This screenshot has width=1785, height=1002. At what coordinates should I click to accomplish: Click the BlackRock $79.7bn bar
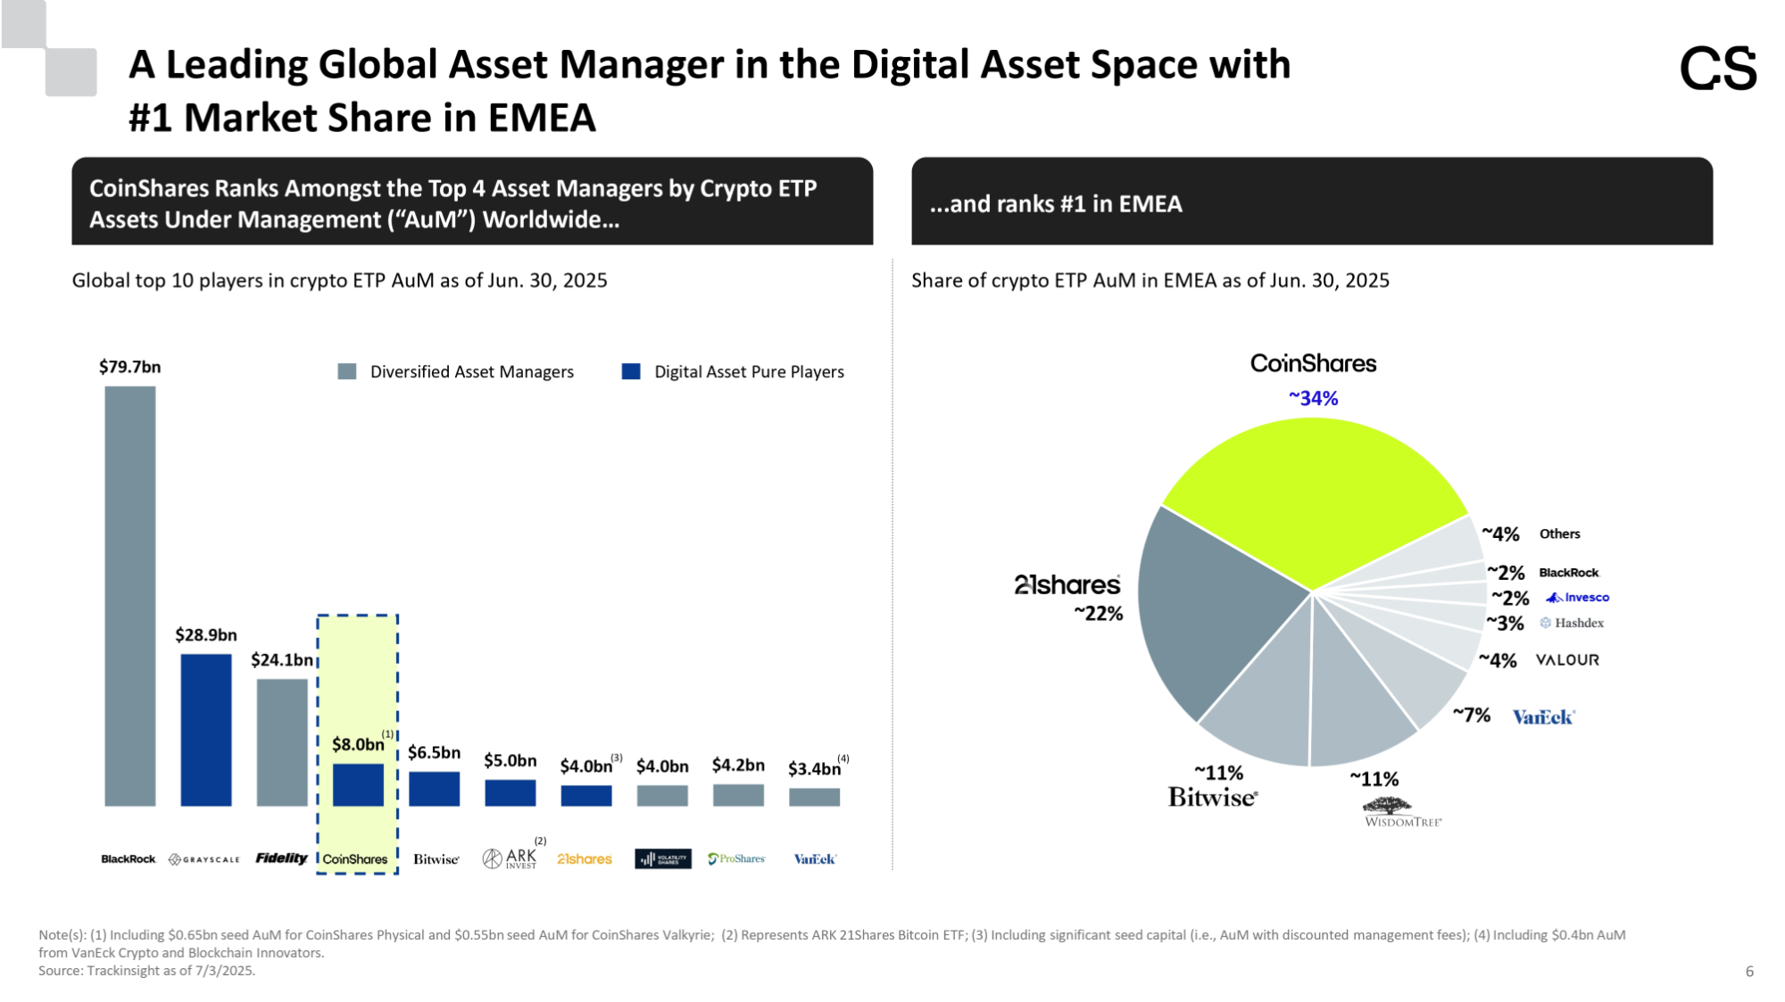(130, 596)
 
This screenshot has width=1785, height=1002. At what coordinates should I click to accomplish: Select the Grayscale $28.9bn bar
(206, 730)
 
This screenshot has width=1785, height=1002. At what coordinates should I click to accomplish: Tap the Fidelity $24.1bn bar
(282, 742)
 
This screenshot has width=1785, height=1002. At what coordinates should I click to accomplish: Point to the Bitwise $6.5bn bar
(435, 789)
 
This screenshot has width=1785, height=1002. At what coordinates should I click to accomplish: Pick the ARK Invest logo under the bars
(511, 858)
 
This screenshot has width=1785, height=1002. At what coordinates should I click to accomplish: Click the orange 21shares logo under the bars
(585, 859)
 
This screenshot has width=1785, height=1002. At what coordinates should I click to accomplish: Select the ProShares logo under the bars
(737, 858)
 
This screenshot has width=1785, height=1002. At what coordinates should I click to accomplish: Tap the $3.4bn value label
(814, 768)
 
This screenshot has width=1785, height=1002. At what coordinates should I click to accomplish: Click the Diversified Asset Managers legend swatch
(347, 371)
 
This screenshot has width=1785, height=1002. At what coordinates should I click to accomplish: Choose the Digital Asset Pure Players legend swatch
(631, 371)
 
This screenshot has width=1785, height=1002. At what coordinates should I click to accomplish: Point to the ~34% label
(1313, 399)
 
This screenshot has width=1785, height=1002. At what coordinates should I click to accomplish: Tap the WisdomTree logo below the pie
(1402, 813)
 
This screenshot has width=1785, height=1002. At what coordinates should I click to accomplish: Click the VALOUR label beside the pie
(1567, 660)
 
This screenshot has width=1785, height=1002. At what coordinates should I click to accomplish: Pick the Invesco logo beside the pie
(1578, 598)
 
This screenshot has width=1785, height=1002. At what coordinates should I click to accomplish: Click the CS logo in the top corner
(1718, 69)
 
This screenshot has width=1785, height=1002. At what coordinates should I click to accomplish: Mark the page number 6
(1749, 972)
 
